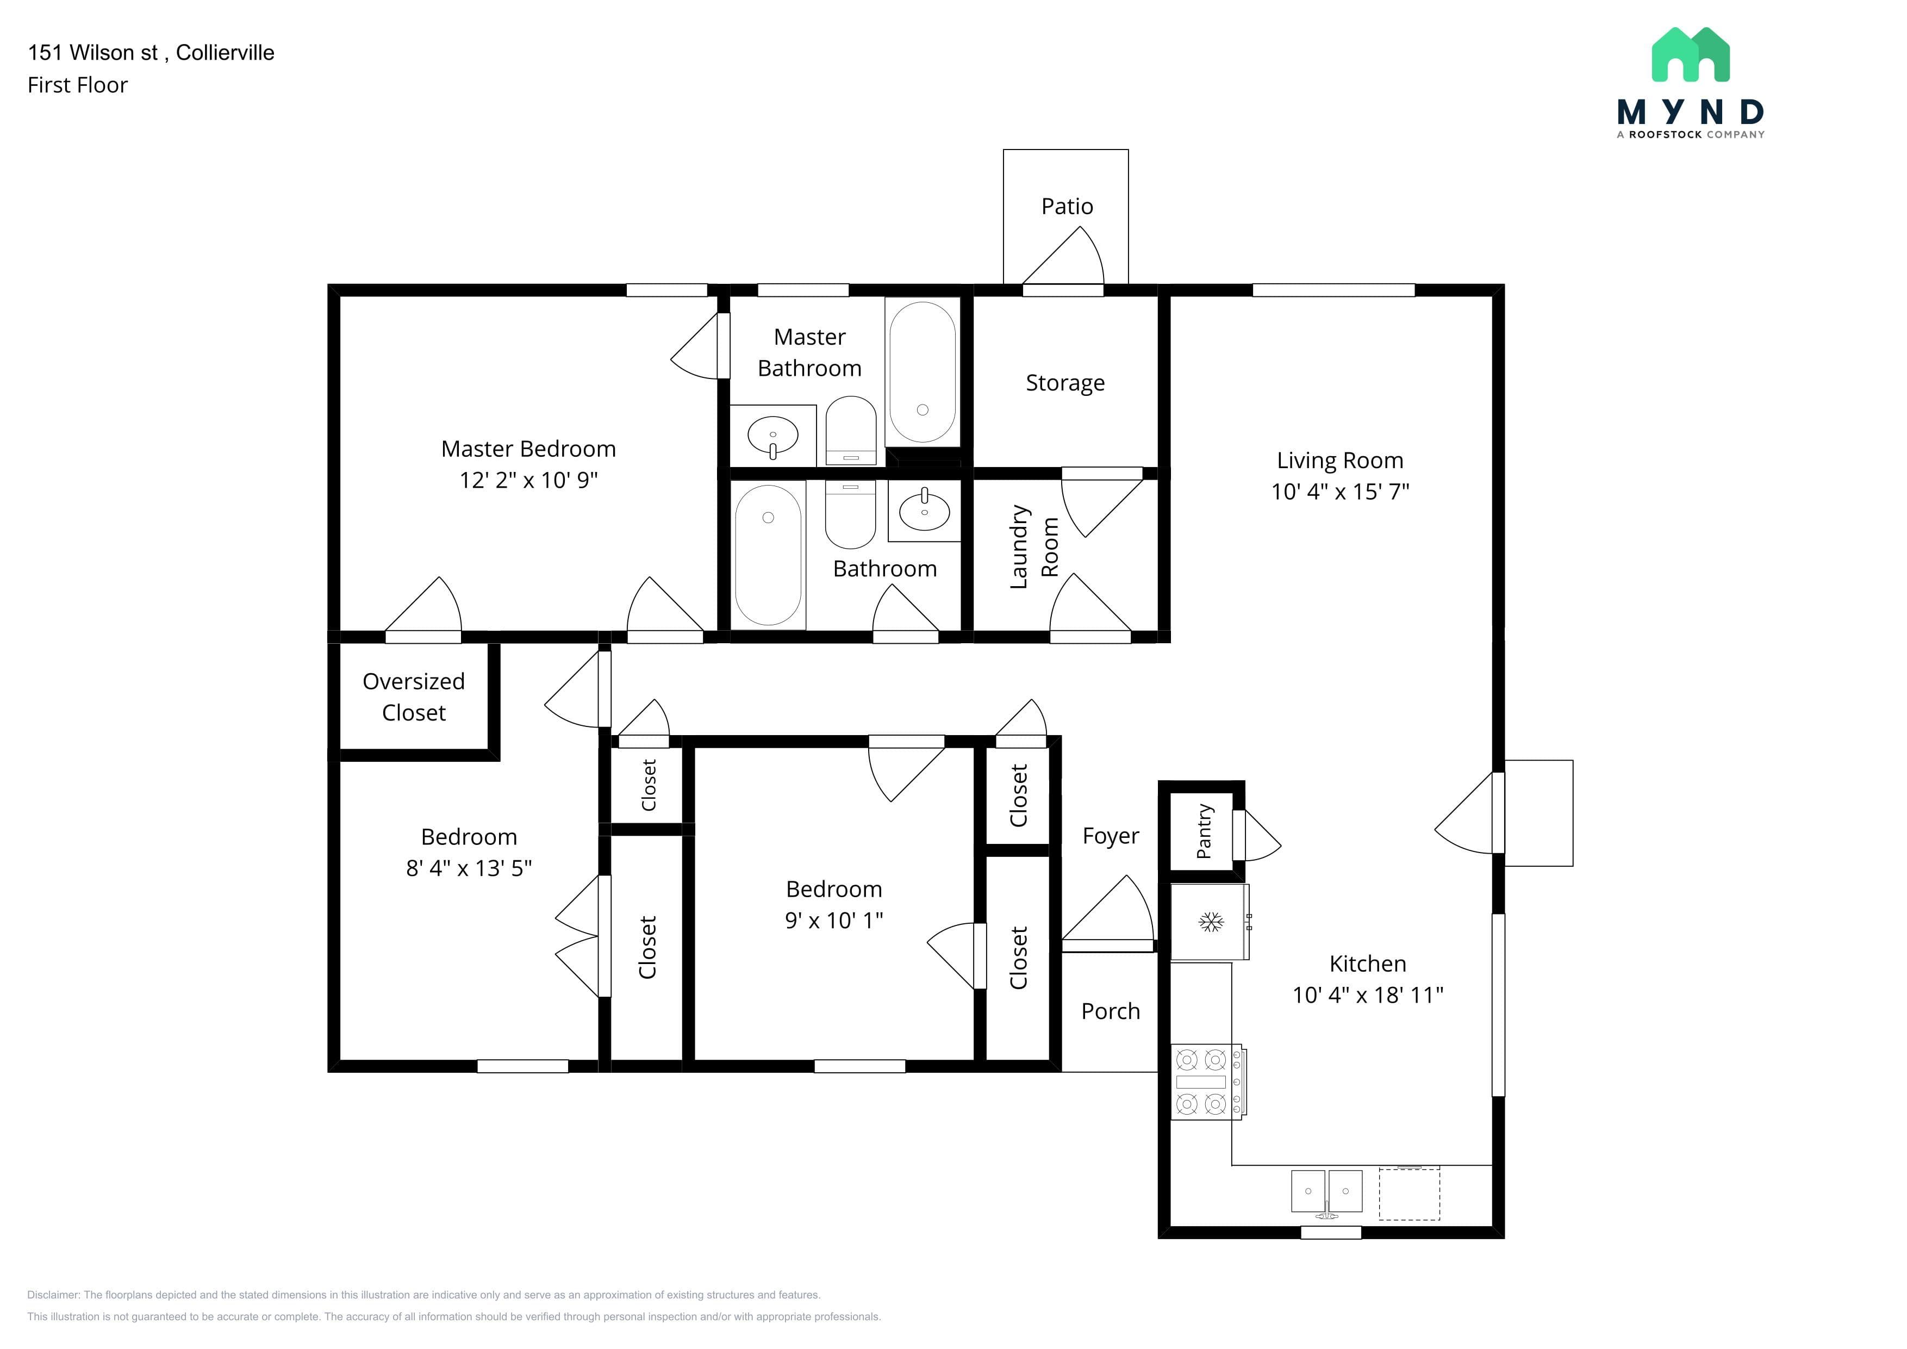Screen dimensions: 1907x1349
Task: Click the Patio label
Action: point(1067,206)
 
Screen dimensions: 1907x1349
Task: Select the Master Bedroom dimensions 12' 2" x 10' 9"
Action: point(528,480)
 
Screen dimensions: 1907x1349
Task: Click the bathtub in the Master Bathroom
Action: point(922,372)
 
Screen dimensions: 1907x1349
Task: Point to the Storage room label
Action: point(1065,383)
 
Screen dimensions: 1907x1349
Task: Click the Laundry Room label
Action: point(1034,546)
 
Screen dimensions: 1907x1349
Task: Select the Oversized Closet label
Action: point(414,697)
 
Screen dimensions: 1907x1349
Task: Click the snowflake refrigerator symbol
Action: point(1211,922)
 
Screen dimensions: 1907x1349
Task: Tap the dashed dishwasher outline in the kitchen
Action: point(1410,1193)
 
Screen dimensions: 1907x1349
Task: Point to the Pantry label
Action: point(1204,831)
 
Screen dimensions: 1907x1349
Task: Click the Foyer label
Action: point(1111,836)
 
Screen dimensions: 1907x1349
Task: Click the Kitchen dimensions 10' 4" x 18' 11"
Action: point(1367,995)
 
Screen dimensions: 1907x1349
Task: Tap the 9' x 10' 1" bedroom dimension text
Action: point(834,921)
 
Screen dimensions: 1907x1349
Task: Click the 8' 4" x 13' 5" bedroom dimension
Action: point(469,868)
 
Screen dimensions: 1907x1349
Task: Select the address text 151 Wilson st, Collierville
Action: point(151,52)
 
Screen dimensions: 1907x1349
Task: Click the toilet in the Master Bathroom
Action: point(851,430)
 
